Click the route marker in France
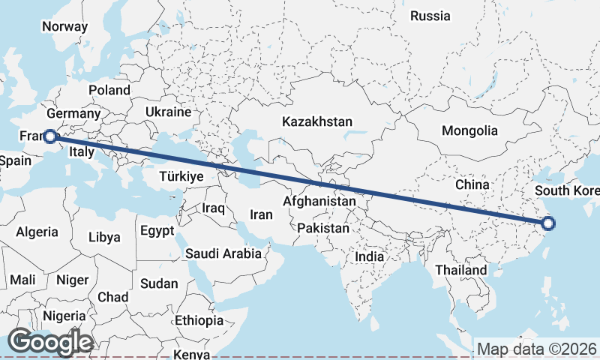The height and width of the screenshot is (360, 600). (49, 136)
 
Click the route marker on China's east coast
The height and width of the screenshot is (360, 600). (548, 223)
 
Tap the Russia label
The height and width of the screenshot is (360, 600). (430, 16)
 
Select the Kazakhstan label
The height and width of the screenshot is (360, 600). (317, 121)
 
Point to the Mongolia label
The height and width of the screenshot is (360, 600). (469, 130)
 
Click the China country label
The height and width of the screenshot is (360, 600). (472, 184)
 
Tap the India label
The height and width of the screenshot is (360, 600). (369, 256)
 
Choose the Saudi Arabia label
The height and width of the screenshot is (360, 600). (224, 253)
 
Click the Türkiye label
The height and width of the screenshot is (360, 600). (181, 176)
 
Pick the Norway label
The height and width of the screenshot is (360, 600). (64, 26)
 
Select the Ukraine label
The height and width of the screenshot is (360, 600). (169, 112)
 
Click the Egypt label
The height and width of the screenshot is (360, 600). (157, 230)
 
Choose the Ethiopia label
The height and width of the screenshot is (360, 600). (199, 320)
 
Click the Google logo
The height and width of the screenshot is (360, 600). (50, 343)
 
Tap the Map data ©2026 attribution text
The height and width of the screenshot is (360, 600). (537, 349)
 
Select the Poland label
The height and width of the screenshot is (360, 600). (109, 90)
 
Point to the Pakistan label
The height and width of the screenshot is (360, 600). (323, 228)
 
